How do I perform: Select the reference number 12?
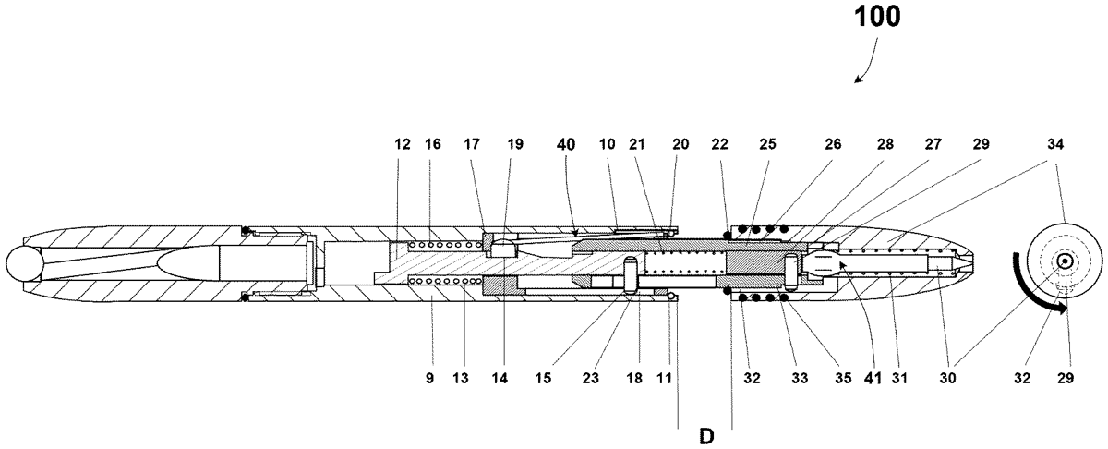point(403,144)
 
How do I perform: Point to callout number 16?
point(433,144)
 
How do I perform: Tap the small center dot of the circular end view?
point(1065,261)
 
